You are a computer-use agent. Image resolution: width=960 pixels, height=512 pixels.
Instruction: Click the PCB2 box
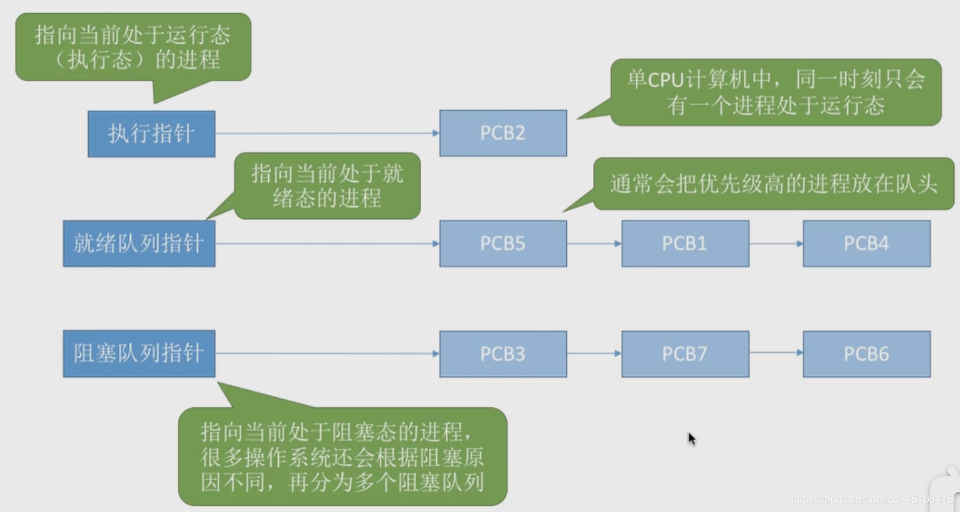click(x=503, y=133)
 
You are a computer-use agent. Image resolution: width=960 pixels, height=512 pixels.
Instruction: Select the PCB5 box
click(x=503, y=243)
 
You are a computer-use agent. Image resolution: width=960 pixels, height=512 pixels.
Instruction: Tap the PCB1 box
click(x=684, y=243)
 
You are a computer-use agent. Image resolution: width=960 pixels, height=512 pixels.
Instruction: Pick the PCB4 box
click(x=866, y=243)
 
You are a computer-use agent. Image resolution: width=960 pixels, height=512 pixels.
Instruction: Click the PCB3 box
click(x=503, y=353)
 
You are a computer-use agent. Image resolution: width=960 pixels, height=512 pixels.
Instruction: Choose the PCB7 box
click(x=684, y=353)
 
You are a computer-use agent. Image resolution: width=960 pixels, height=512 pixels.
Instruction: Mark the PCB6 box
click(x=866, y=353)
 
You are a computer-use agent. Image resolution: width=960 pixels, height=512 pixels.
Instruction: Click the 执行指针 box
click(x=151, y=134)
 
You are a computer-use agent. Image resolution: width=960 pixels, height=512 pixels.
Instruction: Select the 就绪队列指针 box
click(x=139, y=243)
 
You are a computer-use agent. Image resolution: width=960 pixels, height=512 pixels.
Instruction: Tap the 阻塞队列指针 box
click(x=139, y=353)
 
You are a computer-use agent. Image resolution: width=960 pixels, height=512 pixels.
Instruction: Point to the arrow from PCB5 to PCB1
click(x=594, y=243)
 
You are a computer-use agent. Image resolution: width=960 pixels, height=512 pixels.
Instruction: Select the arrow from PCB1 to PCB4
click(x=775, y=243)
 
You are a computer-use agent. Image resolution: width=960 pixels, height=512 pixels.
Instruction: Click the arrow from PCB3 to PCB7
click(x=594, y=353)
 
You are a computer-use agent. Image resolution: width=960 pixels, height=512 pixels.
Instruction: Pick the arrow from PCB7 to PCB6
click(x=775, y=353)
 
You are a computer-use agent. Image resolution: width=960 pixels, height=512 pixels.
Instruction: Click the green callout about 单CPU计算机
click(x=775, y=92)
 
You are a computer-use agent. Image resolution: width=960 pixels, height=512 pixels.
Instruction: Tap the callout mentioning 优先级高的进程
click(x=773, y=184)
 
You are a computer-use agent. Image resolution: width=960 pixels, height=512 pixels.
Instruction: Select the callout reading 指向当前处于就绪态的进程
click(x=327, y=186)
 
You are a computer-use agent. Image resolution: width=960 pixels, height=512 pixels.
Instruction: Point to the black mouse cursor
click(x=691, y=438)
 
